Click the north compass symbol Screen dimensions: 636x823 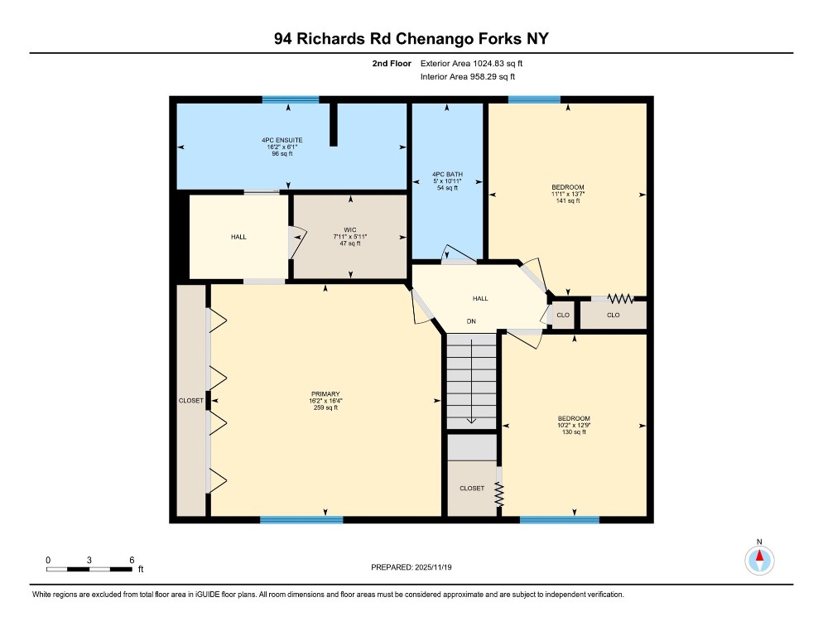[758, 561]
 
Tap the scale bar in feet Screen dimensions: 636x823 [89, 569]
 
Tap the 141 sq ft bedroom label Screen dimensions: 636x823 [568, 194]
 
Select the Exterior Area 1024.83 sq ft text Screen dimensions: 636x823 [472, 63]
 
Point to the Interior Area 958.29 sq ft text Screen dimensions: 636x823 [468, 77]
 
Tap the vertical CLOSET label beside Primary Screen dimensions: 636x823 [190, 401]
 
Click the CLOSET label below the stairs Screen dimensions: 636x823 [472, 489]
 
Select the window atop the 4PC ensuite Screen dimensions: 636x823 [291, 99]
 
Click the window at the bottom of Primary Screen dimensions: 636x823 [301, 520]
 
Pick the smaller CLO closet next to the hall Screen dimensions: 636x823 [562, 316]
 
